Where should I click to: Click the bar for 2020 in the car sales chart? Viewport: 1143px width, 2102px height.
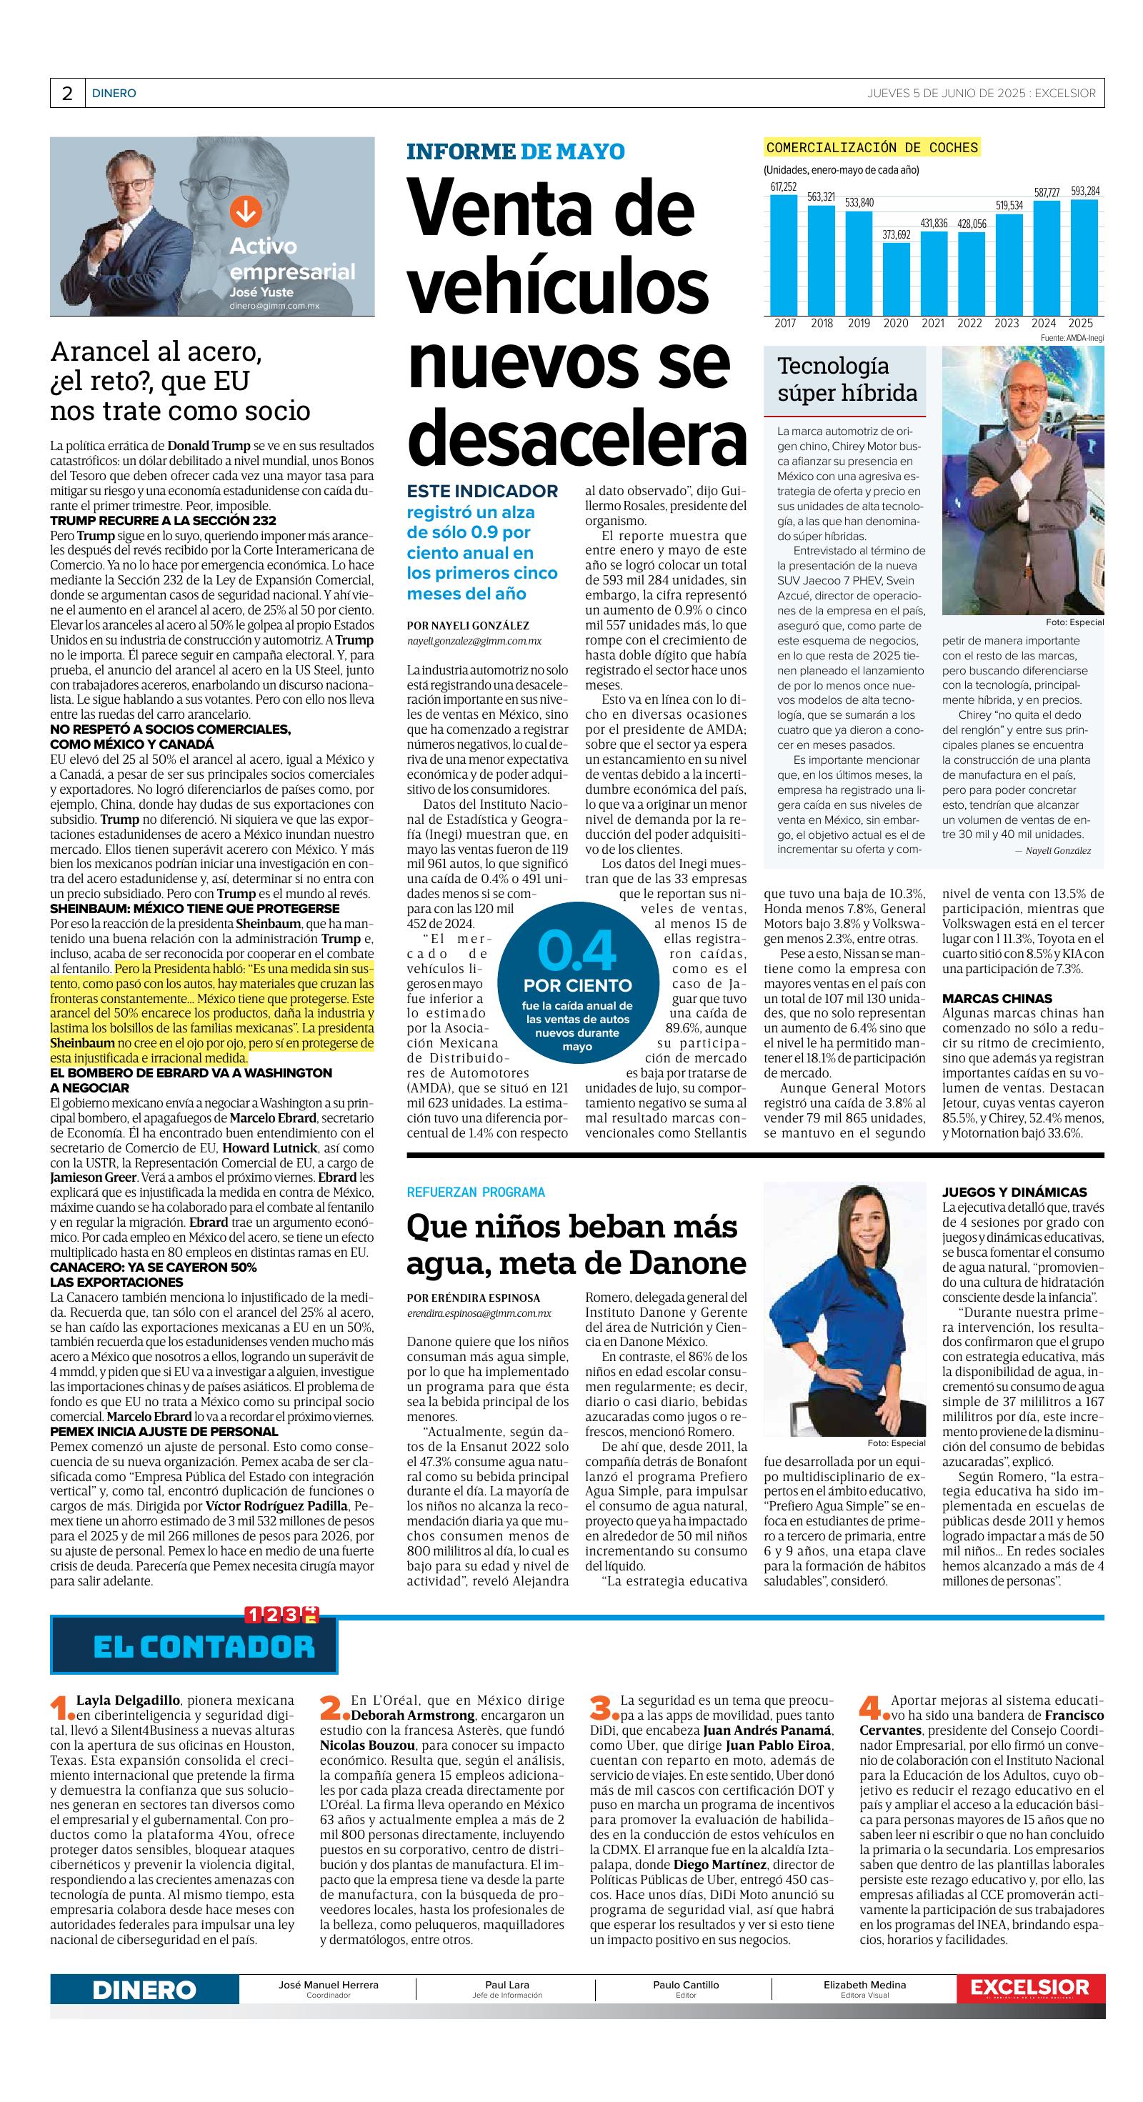pyautogui.click(x=895, y=279)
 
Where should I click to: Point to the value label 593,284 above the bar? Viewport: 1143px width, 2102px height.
pyautogui.click(x=1084, y=191)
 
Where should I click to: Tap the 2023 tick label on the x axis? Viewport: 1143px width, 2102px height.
pyautogui.click(x=1006, y=323)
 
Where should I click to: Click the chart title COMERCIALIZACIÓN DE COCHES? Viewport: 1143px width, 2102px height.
pyautogui.click(x=872, y=148)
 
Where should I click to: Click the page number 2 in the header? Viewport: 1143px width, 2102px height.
pyautogui.click(x=67, y=94)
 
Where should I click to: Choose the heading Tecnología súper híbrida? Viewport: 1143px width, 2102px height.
pyautogui.click(x=847, y=379)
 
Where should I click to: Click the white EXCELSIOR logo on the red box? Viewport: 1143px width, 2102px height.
pyautogui.click(x=1029, y=1988)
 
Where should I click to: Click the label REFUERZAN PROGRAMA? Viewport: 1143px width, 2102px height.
pyautogui.click(x=476, y=1192)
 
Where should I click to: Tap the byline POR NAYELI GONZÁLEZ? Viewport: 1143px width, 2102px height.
pyautogui.click(x=467, y=626)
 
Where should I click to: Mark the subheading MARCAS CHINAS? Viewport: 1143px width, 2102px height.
pyautogui.click(x=997, y=999)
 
